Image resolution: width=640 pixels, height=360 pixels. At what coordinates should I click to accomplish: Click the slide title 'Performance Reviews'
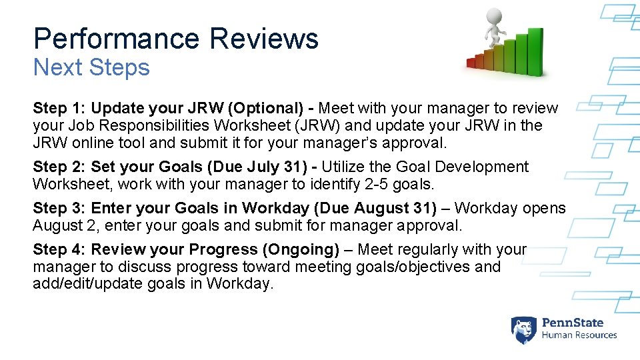click(176, 39)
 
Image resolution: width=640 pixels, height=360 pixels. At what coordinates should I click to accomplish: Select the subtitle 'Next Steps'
click(91, 67)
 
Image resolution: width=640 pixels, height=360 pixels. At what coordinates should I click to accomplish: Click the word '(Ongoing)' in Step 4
click(301, 249)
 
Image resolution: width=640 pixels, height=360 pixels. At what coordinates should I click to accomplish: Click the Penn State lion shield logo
click(523, 329)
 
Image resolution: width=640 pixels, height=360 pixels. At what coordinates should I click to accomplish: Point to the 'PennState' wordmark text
click(572, 323)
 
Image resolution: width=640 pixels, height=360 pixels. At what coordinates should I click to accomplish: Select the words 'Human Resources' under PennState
click(579, 335)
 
